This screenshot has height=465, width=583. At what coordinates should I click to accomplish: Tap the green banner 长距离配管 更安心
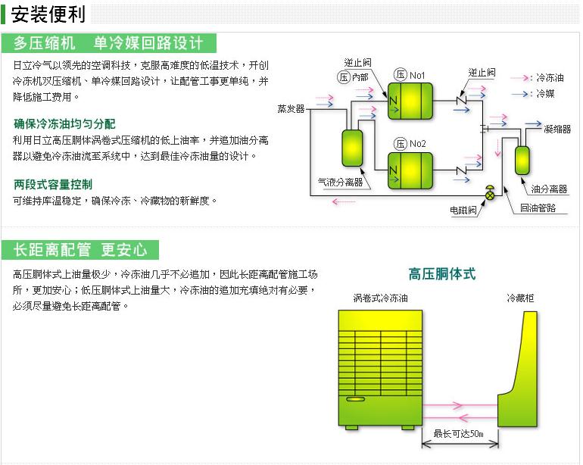pyautogui.click(x=80, y=250)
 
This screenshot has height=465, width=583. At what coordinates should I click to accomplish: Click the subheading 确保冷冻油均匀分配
pyautogui.click(x=64, y=123)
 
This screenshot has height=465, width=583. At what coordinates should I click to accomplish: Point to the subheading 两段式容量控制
pyautogui.click(x=53, y=184)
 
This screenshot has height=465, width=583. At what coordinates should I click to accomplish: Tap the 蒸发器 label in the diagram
pyautogui.click(x=291, y=108)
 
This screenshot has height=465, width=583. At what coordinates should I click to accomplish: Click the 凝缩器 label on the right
pyautogui.click(x=556, y=130)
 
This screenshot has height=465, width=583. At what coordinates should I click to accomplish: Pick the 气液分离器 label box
pyautogui.click(x=339, y=183)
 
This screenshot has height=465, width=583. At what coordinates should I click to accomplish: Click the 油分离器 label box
pyautogui.click(x=549, y=189)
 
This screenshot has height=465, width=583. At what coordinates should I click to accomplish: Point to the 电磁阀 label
pyautogui.click(x=463, y=210)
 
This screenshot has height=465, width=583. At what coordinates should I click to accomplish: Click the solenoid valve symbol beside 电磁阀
pyautogui.click(x=491, y=195)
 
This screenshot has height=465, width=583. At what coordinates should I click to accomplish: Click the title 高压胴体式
pyautogui.click(x=442, y=274)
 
